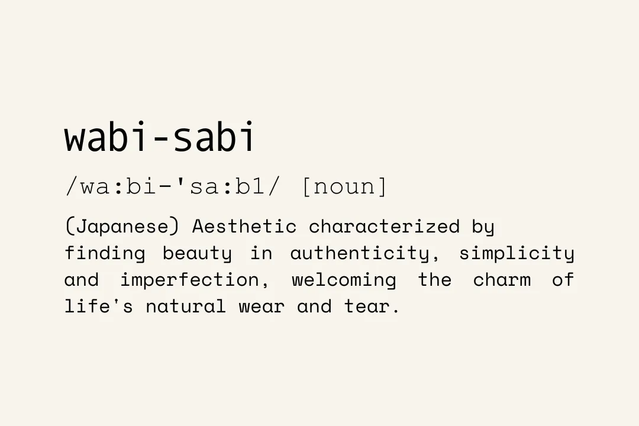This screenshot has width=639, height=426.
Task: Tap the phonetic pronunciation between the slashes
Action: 173,186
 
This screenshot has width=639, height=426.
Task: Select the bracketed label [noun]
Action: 344,186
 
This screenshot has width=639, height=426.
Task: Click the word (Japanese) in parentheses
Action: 122,227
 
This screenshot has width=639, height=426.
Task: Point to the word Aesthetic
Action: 244,226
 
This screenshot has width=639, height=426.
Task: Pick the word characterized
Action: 384,226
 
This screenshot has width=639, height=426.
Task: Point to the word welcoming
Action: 344,280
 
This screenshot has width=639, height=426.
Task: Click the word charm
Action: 502,280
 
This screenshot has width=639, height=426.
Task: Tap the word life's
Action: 99,306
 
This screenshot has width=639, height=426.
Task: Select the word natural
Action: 186,306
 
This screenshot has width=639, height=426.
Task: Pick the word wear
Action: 262,308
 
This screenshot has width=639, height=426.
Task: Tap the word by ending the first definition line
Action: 483,227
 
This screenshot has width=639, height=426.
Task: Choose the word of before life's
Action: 563,280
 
